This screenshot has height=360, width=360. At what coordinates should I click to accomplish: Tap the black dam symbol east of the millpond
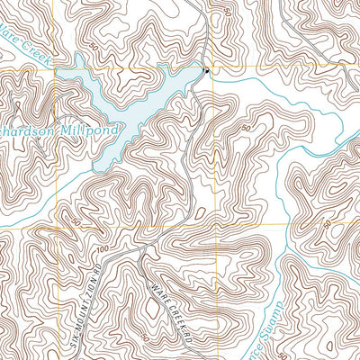[x=206, y=71]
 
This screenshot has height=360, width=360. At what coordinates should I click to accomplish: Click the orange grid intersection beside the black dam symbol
[x=212, y=68]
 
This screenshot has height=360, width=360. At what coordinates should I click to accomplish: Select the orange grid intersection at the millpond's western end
[x=55, y=68]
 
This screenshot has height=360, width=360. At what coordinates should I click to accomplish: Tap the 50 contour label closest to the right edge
[x=327, y=224]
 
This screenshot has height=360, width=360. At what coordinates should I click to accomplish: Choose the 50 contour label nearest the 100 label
[x=76, y=221]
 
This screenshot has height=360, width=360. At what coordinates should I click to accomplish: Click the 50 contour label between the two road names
[x=145, y=335]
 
